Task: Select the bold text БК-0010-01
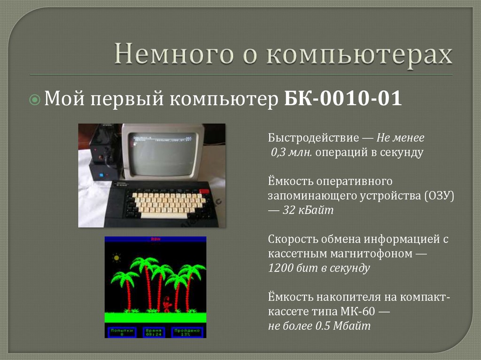tap(343, 100)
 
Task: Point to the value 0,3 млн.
tap(288, 153)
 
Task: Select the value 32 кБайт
tap(308, 210)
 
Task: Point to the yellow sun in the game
tap(116, 258)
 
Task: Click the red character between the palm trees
tap(167, 304)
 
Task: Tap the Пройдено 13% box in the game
tap(187, 332)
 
